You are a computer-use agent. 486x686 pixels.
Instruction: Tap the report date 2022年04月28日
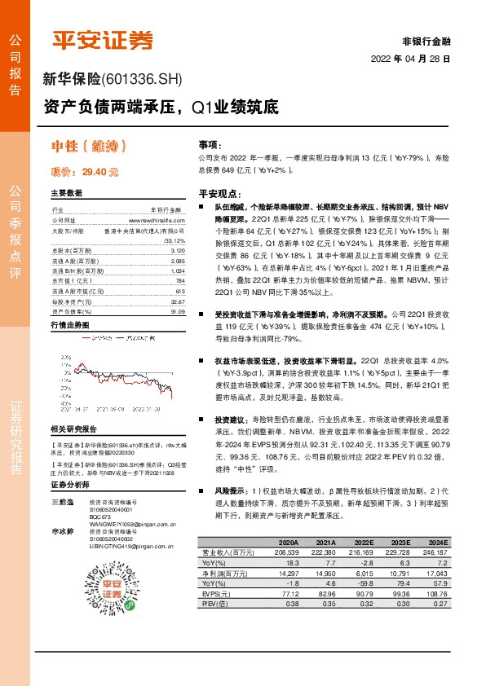(411, 59)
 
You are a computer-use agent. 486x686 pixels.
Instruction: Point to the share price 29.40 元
(100, 173)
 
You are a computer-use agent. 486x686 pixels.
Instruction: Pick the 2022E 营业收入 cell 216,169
(363, 552)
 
